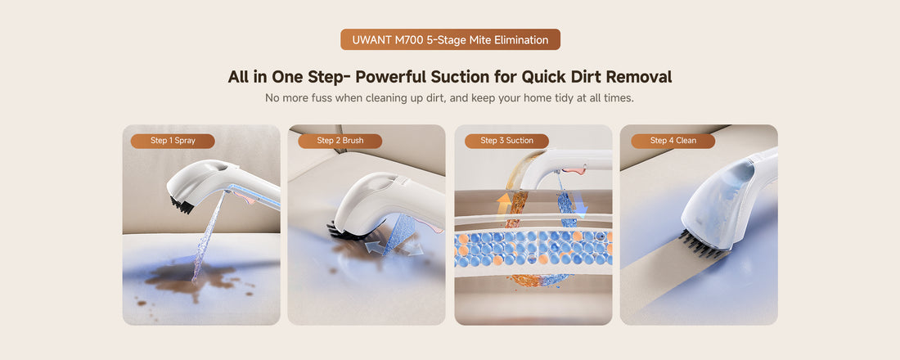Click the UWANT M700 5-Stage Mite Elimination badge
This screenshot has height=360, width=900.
(x=450, y=39)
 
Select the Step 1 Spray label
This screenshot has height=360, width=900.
(x=173, y=141)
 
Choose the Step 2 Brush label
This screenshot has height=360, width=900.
(x=340, y=141)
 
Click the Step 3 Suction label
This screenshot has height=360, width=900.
(x=506, y=141)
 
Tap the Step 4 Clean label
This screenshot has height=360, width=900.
(x=673, y=141)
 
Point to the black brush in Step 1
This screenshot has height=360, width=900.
(x=182, y=205)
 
